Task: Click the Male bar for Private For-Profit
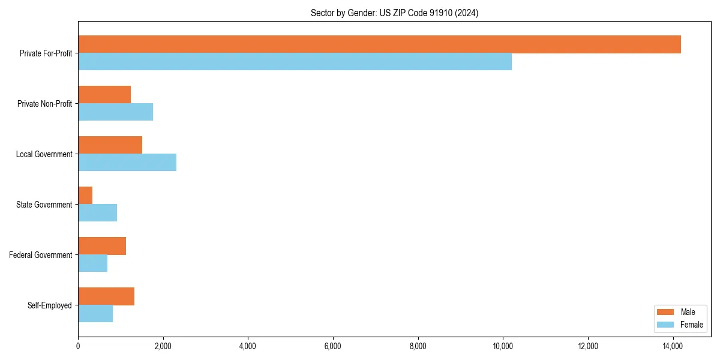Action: click(379, 44)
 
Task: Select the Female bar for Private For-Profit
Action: click(295, 62)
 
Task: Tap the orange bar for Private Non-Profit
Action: click(104, 95)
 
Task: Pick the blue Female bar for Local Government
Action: click(127, 163)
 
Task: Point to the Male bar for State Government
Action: click(85, 196)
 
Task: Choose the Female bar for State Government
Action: click(97, 213)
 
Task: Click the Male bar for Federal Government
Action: click(102, 246)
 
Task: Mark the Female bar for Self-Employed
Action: click(95, 314)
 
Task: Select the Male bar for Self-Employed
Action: click(106, 296)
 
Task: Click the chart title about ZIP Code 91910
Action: click(394, 13)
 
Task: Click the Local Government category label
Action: click(44, 154)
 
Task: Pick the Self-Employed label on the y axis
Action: click(49, 305)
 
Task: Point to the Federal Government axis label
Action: click(41, 255)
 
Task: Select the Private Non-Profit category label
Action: click(44, 104)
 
